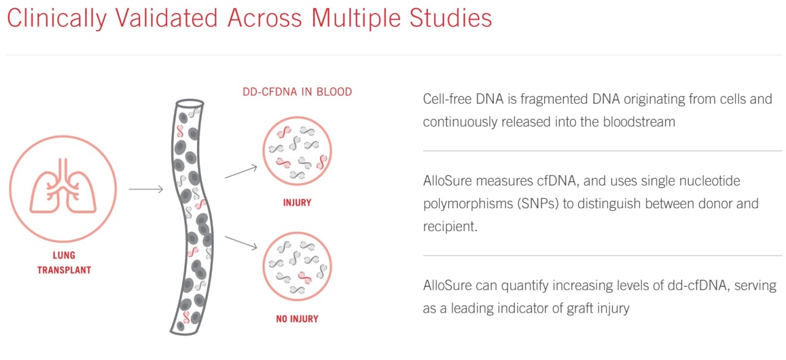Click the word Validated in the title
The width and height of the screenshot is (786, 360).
pyautogui.click(x=166, y=18)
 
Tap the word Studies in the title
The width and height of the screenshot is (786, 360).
pyautogui.click(x=451, y=18)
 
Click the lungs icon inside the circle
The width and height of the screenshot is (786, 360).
pyautogui.click(x=63, y=186)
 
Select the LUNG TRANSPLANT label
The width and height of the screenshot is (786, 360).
pyautogui.click(x=64, y=262)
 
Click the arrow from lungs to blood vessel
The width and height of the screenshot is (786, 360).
pyautogui.click(x=146, y=189)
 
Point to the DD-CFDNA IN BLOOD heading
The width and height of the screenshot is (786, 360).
pyautogui.click(x=297, y=92)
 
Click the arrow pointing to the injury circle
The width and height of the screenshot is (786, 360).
pyautogui.click(x=241, y=171)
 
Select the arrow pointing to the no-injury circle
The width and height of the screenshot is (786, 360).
pyautogui.click(x=241, y=243)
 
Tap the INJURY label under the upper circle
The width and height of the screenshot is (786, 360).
pyautogui.click(x=297, y=203)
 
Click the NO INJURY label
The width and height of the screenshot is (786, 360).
pyautogui.click(x=297, y=319)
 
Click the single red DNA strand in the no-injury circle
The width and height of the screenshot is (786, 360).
pyautogui.click(x=304, y=277)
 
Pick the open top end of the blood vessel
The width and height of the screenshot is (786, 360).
pyautogui.click(x=190, y=103)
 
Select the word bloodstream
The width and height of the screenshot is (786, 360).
pyautogui.click(x=639, y=122)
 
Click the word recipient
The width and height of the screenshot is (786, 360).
pyautogui.click(x=450, y=227)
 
